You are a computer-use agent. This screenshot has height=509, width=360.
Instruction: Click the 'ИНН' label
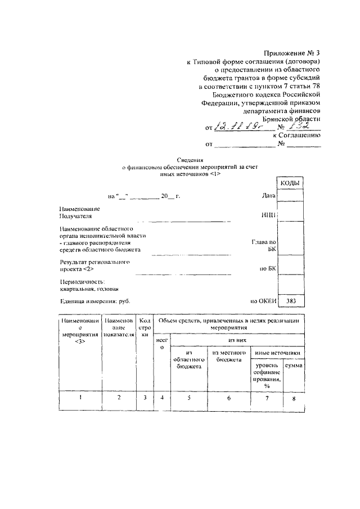[268, 215]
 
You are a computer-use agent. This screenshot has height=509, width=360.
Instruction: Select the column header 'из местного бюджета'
[228, 356]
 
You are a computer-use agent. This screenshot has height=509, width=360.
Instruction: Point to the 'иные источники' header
[277, 353]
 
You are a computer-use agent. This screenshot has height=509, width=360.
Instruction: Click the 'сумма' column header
[294, 366]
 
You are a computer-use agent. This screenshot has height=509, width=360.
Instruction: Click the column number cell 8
[294, 399]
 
